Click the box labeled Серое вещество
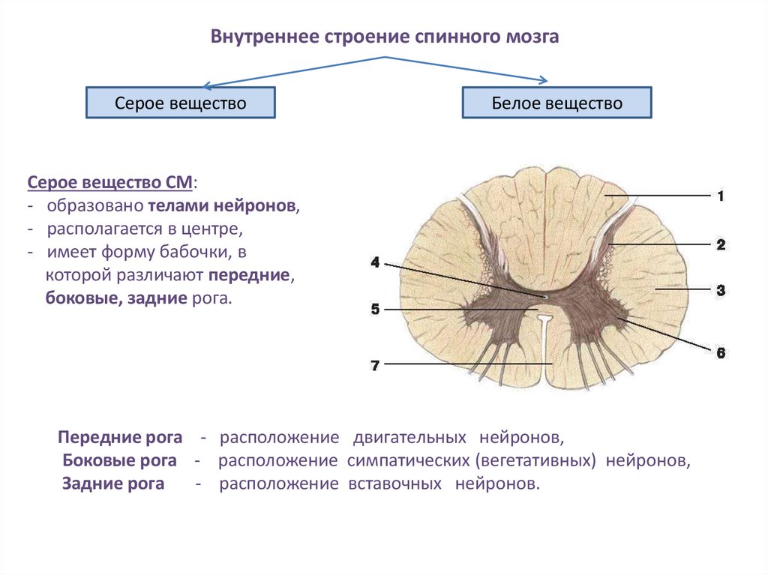[180, 103]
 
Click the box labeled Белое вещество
[556, 103]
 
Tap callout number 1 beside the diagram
[719, 196]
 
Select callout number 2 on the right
[720, 244]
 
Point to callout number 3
[720, 289]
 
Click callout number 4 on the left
[375, 262]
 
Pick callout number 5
[375, 309]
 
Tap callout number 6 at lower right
[721, 352]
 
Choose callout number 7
[375, 365]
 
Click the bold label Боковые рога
[120, 460]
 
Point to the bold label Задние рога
[114, 484]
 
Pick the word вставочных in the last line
[394, 484]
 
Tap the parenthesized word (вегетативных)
[537, 460]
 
